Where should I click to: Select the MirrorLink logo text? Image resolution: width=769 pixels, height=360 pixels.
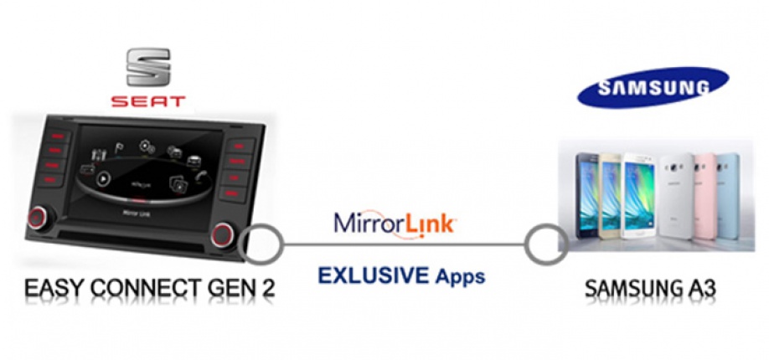click(x=395, y=224)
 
